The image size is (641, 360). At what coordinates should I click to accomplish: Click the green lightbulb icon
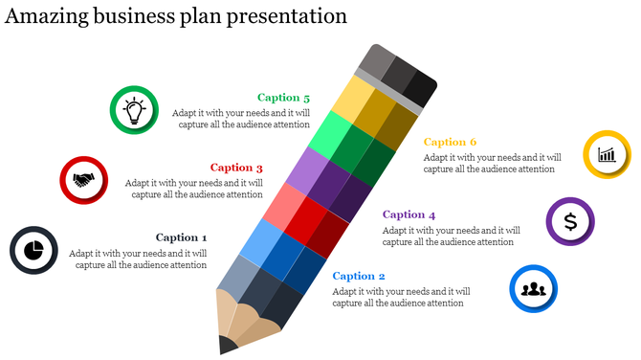(134, 110)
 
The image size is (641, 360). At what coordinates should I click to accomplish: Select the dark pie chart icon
(34, 250)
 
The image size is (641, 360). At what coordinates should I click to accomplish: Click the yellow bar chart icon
(607, 154)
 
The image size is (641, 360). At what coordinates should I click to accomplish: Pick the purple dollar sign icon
(570, 222)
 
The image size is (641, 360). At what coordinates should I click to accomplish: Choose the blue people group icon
(533, 288)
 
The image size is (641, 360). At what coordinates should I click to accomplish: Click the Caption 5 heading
(284, 98)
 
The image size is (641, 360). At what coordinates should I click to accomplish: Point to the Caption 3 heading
(236, 168)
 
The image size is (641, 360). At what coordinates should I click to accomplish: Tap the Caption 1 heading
(181, 237)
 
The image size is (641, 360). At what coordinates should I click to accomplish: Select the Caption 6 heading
(451, 142)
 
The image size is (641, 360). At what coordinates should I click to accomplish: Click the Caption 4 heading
(409, 214)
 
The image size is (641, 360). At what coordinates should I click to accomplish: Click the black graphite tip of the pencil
(227, 344)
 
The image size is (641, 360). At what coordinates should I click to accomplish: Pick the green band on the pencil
(349, 145)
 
